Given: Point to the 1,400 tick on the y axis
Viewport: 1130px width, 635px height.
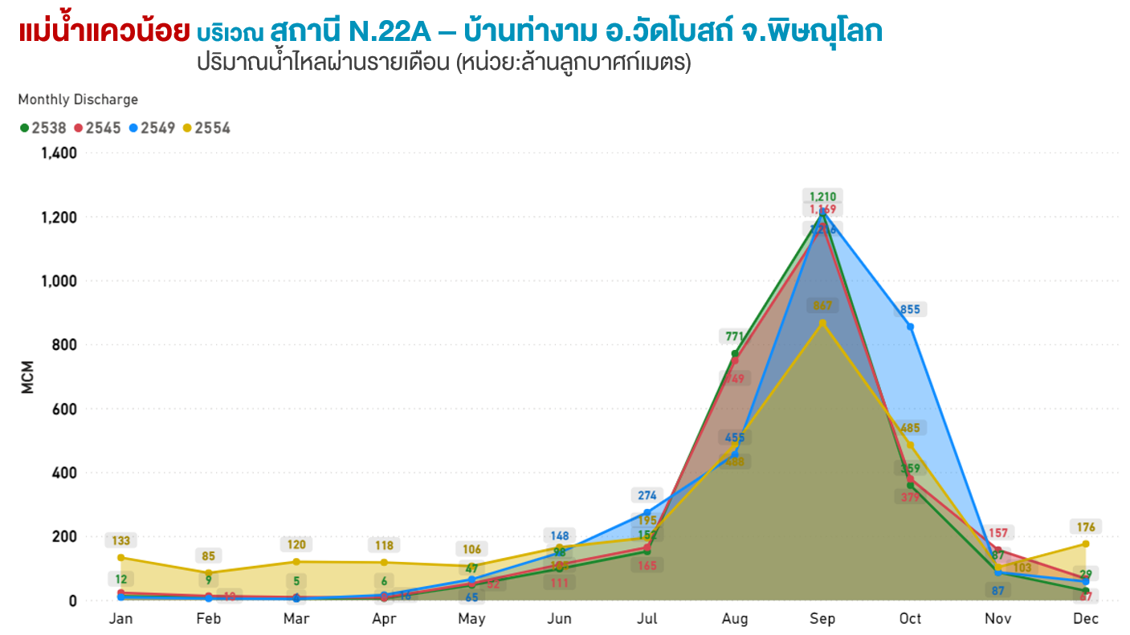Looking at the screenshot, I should pyautogui.click(x=59, y=153).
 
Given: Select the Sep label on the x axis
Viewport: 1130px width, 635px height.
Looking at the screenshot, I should pyautogui.click(x=822, y=619).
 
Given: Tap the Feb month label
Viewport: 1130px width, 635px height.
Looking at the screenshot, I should pyautogui.click(x=209, y=619).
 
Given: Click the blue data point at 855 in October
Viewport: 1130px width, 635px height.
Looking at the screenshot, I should pyautogui.click(x=910, y=327).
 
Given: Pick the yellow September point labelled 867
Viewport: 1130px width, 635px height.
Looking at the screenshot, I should pyautogui.click(x=822, y=323).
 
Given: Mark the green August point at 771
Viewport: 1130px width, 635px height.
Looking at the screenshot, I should pyautogui.click(x=735, y=353).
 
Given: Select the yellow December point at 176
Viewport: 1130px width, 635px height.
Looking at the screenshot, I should pyautogui.click(x=1085, y=544).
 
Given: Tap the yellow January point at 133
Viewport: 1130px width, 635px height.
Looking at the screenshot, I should pyautogui.click(x=121, y=558).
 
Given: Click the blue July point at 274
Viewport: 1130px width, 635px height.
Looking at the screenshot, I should pyautogui.click(x=647, y=512).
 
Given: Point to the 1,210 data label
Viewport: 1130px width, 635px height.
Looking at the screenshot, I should pyautogui.click(x=822, y=197).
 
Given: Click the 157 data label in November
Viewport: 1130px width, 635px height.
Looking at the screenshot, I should pyautogui.click(x=998, y=533).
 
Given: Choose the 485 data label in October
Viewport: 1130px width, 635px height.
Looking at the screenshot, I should pyautogui.click(x=910, y=428).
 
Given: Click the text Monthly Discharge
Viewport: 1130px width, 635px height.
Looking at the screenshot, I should pyautogui.click(x=78, y=100).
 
